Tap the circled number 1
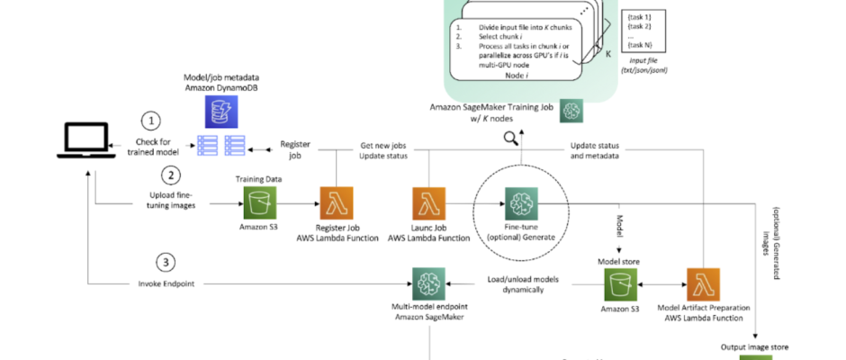click(x=153, y=121)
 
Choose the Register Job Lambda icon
click(x=337, y=203)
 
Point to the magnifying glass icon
click(x=511, y=138)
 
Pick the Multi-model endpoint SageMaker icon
click(x=429, y=283)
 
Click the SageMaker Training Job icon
click(x=571, y=112)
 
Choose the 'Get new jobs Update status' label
click(x=384, y=150)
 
